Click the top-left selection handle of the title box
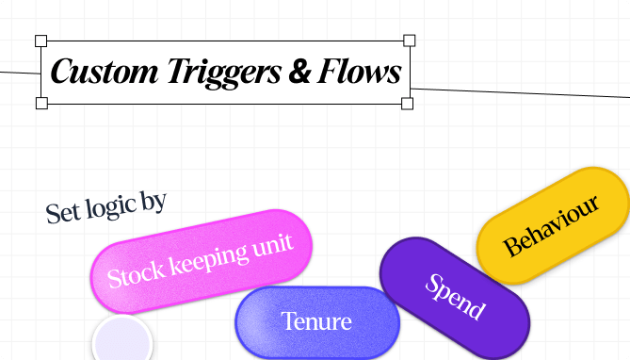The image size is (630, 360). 41,41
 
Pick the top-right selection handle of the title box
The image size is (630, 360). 410,40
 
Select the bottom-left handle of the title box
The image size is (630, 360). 41,103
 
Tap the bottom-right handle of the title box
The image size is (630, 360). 408,103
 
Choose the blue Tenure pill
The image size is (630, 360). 316,322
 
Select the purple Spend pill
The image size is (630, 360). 455,298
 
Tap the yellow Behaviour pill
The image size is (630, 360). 553,226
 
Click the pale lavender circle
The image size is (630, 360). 122,342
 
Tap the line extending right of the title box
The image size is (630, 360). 518,92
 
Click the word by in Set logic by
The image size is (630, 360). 153,200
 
